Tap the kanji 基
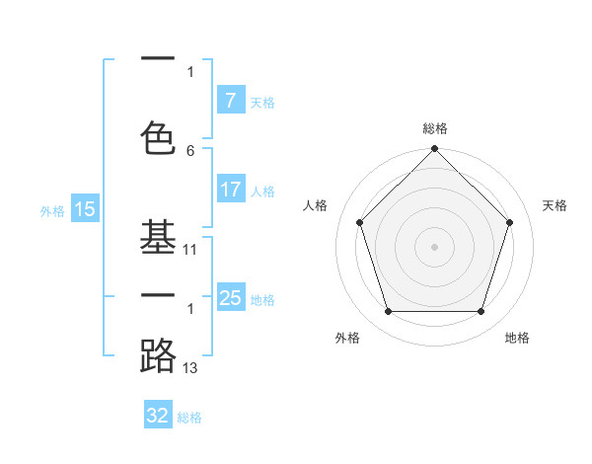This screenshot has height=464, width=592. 158,236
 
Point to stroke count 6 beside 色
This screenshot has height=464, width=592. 190,151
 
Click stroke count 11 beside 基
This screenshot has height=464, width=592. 190,251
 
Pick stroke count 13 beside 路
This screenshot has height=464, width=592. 190,368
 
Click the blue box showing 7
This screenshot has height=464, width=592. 231,101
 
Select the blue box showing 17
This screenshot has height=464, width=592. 231,190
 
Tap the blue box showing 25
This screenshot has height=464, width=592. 231,298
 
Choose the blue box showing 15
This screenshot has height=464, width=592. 85,209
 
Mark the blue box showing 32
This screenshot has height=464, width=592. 158,416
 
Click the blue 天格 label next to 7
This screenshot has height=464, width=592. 262,102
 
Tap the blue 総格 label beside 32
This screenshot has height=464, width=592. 189,417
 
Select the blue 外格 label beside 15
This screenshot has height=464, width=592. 52,210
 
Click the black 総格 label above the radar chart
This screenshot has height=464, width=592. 434,128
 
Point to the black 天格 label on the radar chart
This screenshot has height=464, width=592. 555,205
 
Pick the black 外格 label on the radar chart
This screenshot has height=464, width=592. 347,338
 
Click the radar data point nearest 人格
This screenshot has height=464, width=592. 360,222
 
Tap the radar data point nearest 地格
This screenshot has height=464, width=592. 481,312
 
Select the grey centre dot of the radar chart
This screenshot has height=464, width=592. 434,246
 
